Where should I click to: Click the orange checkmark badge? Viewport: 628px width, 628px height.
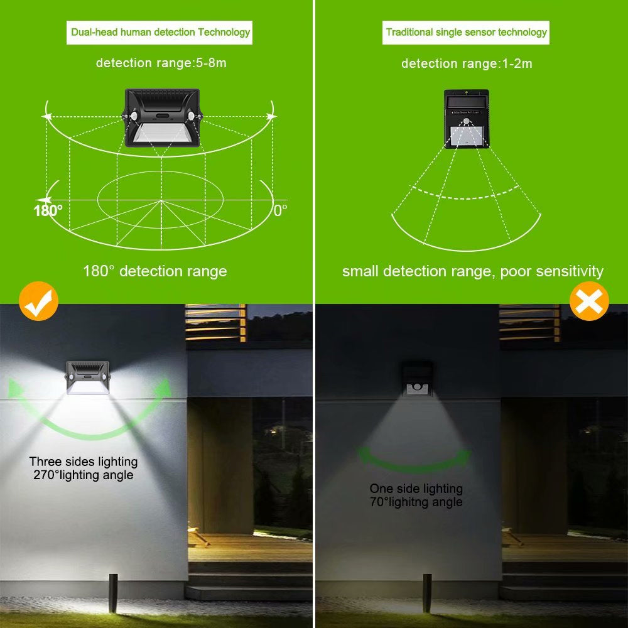pos(38,301)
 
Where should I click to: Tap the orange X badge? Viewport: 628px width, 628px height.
pos(588,301)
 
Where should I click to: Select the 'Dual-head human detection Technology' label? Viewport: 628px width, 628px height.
pos(160,32)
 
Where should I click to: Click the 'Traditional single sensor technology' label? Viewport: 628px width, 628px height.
pos(466,32)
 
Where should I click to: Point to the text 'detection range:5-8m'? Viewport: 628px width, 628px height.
pos(161,63)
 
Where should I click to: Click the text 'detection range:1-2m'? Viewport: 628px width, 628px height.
pos(467,63)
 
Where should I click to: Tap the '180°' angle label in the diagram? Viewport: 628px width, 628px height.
pos(48,210)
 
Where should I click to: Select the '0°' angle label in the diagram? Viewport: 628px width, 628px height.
pos(280,210)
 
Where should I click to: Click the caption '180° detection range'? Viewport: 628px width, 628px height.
pos(154,271)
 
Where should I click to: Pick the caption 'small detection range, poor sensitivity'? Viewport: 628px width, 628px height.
pos(472,271)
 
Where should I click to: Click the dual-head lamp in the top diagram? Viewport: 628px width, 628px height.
pos(161,117)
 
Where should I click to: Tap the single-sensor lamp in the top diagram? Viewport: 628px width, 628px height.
pos(467,119)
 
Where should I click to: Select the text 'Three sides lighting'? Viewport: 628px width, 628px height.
pos(84,462)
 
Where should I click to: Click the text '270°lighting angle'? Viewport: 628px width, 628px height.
pos(84,475)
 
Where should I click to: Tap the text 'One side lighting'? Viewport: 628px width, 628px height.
pos(416,489)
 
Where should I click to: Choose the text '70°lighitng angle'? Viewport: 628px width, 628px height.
pos(416,502)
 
